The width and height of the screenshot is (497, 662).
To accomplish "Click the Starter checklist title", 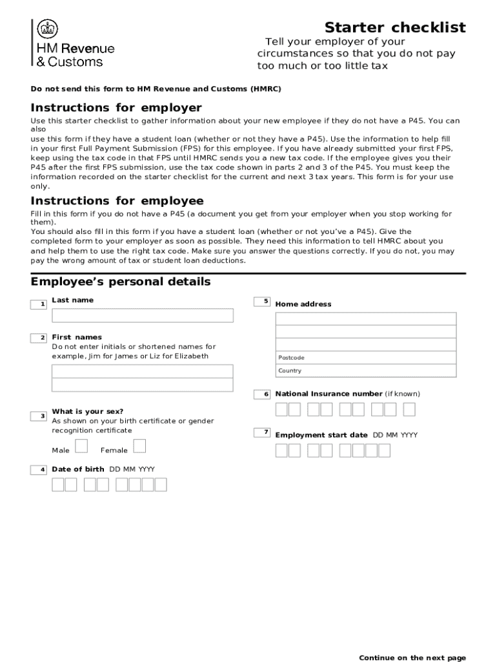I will pos(394,28).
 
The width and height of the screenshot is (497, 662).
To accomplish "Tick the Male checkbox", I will pos(81,446).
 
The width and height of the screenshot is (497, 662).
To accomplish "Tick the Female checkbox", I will pos(139,446).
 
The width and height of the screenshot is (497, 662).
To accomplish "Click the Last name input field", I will pos(142,315).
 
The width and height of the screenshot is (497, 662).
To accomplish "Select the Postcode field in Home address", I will pos(365,358).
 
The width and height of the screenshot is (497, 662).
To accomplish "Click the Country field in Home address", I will pos(365,370).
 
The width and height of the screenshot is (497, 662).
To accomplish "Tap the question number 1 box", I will pos(39,304).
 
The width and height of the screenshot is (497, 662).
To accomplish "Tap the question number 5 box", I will pos(262,301).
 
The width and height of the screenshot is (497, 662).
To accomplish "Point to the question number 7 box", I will pos(262,432).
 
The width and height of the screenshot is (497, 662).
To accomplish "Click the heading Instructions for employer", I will pos(116,108).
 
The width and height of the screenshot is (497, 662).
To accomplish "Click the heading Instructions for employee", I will pos(117,201).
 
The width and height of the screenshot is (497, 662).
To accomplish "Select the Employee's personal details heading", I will pos(121,282).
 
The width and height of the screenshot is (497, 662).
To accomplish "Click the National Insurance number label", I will pos(329,394).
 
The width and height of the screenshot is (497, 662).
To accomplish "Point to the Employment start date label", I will pos(321,435).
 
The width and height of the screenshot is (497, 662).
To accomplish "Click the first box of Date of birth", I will pos(58,485).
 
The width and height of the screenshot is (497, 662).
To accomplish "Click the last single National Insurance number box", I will pos(409,410).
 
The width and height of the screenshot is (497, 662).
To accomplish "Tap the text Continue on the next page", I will pos(412,657).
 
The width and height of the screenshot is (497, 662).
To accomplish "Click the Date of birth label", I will pos(77,469).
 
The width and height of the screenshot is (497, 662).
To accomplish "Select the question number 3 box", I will pos(39,416).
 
